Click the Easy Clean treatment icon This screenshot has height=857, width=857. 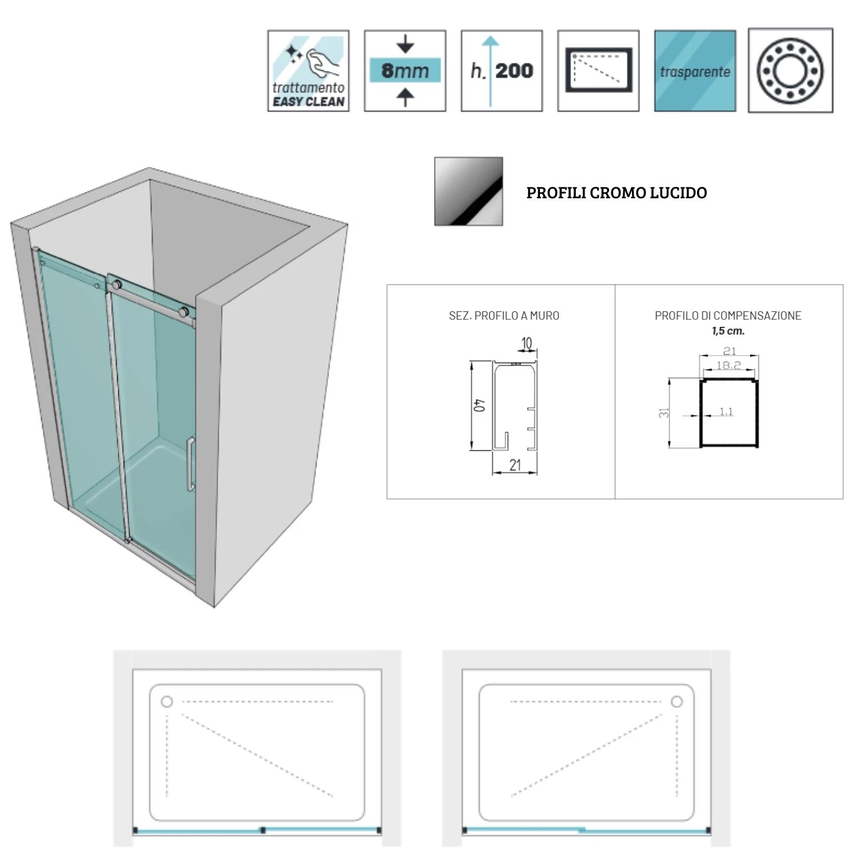308,71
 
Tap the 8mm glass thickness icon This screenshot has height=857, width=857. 405,71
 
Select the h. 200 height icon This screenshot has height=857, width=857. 502,71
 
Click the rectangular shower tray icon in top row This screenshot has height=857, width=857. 598,71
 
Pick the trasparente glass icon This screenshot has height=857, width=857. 695,71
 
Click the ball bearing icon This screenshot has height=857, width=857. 790,71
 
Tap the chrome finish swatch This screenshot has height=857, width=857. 468,191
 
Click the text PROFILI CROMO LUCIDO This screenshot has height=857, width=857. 616,193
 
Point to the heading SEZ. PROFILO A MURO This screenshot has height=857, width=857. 504,315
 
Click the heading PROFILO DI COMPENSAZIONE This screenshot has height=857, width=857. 728,315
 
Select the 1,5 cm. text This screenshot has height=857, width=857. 728,331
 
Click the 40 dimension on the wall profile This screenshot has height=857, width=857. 480,405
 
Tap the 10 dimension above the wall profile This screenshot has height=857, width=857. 526,343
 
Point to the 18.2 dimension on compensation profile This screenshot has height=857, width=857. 728,365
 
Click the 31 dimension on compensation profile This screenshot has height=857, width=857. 664,412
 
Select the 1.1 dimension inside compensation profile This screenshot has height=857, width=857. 726,411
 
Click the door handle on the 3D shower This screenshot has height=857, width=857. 190,464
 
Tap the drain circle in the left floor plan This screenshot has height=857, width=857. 167,702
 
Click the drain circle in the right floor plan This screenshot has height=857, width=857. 676,702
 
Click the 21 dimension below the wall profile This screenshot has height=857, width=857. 515,466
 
